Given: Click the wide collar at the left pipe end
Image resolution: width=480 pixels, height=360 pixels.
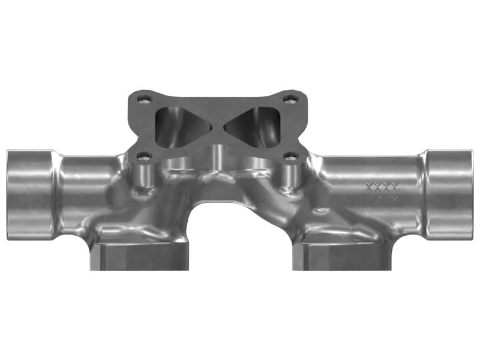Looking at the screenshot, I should click(x=30, y=193).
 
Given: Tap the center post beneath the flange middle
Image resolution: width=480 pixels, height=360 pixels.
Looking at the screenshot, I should click(x=217, y=159).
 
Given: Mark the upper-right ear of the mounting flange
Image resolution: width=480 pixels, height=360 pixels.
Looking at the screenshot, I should click(x=296, y=99).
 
